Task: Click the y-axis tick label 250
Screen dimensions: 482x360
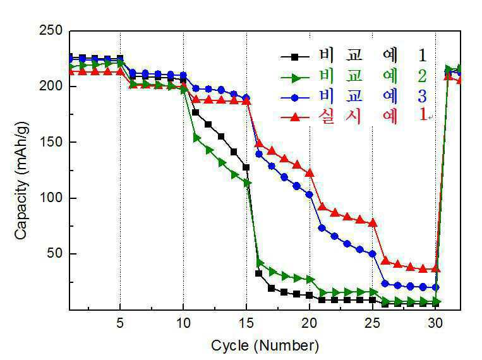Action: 51,31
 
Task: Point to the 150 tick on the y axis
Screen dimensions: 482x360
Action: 51,142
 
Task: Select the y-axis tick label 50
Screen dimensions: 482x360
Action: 55,254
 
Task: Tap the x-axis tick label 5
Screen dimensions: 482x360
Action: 120,323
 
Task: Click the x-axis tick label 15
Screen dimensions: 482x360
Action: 246,323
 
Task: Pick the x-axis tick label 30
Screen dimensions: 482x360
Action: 436,323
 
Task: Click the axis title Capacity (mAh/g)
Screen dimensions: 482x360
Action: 21,181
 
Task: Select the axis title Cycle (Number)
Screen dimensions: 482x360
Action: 265,345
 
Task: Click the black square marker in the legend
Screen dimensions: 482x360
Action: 295,57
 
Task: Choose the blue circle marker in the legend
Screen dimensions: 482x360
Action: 295,98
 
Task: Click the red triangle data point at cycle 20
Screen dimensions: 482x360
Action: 310,173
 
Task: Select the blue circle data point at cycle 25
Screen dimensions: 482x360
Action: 373,254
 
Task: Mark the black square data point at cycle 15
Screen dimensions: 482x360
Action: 246,167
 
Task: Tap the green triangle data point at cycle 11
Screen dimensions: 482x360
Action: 196,139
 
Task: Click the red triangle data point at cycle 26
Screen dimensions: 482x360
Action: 385,261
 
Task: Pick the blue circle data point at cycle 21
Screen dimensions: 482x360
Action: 322,228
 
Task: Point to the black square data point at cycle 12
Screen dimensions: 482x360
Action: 208,124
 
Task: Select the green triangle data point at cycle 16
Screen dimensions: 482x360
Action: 260,263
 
